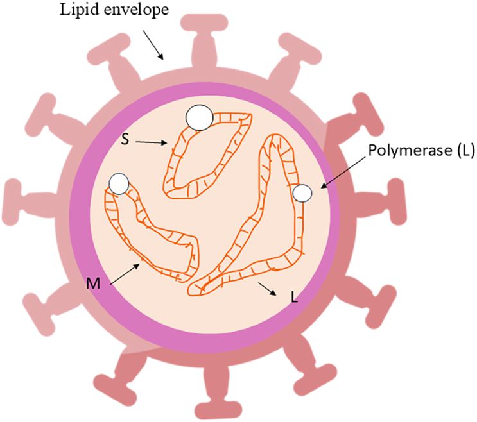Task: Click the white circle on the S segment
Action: click(198, 117)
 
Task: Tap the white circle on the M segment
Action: click(119, 184)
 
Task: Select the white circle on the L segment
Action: click(302, 192)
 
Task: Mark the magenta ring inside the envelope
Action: click(75, 212)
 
